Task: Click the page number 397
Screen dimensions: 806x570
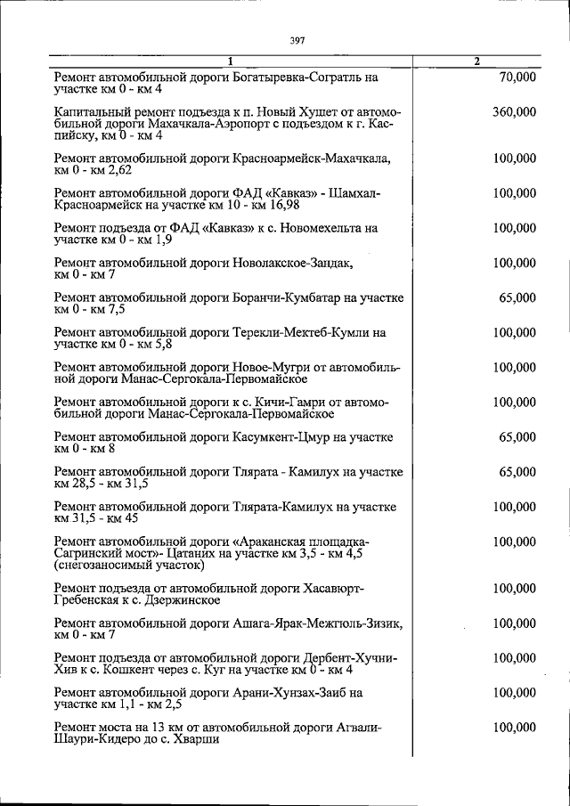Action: click(x=297, y=39)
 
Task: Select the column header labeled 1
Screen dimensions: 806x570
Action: click(x=230, y=61)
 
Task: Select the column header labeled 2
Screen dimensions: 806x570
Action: click(x=477, y=61)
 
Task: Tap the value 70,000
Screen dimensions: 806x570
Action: click(x=517, y=77)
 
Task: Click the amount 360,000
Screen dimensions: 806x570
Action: click(x=514, y=112)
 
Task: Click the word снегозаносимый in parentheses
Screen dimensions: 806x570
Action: click(x=101, y=565)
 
